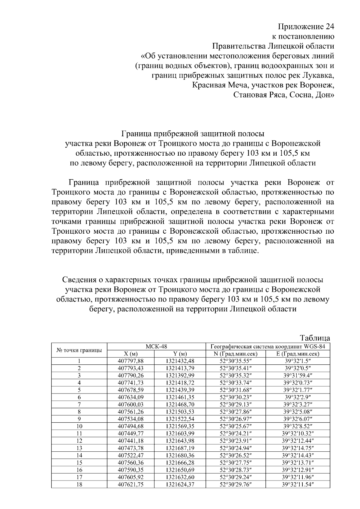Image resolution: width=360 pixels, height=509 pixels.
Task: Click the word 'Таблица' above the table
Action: click(x=315, y=338)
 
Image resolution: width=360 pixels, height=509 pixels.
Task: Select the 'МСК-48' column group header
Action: click(x=156, y=346)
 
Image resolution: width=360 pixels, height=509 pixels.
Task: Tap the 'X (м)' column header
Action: click(x=130, y=354)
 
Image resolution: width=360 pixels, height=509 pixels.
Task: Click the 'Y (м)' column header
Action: click(x=180, y=354)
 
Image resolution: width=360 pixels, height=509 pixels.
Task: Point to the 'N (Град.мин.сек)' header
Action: click(x=235, y=354)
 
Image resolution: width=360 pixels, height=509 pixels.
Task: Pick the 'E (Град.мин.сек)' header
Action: click(x=298, y=354)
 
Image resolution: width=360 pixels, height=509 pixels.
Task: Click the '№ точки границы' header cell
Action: click(x=79, y=350)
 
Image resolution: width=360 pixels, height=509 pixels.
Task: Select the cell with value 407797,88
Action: click(x=130, y=361)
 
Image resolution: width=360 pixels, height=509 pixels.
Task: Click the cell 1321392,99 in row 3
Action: click(x=180, y=375)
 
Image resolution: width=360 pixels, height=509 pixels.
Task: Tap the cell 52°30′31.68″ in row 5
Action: click(x=235, y=390)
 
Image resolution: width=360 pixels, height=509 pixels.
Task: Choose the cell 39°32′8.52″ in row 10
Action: click(x=298, y=426)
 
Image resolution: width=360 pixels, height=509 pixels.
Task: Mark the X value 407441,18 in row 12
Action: click(x=130, y=441)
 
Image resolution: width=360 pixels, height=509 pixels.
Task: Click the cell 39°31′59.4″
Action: click(x=298, y=375)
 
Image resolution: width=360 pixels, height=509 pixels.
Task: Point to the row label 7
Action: click(x=79, y=404)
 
